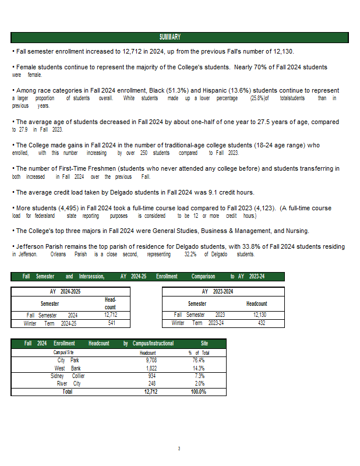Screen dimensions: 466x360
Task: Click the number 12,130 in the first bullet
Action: (x=282, y=51)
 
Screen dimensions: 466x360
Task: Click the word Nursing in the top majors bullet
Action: (x=296, y=231)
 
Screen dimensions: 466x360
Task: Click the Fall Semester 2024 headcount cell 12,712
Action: (x=111, y=315)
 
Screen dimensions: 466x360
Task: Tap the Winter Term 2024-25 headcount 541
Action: (x=111, y=323)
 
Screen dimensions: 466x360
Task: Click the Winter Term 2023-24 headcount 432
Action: (x=262, y=323)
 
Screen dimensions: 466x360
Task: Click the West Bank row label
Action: (x=68, y=368)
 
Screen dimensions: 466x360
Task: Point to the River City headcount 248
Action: (x=151, y=384)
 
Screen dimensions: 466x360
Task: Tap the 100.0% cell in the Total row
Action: (x=198, y=392)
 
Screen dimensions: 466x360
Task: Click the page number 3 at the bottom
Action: (x=179, y=449)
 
